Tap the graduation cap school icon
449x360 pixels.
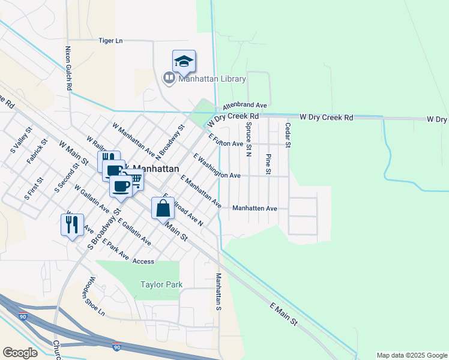(184, 61)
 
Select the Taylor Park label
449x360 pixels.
(161, 285)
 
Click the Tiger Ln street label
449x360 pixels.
(110, 41)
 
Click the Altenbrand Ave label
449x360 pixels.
(244, 105)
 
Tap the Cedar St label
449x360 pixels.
(288, 136)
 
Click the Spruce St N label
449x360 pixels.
(248, 139)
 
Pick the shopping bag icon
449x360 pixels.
(163, 209)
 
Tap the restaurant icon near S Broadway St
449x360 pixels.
(71, 225)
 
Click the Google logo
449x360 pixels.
(20, 353)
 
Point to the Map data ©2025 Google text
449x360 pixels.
(412, 355)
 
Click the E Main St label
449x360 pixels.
(284, 314)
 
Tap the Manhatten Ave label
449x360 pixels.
(255, 208)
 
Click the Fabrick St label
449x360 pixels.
(37, 152)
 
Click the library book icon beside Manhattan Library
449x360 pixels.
(169, 78)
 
